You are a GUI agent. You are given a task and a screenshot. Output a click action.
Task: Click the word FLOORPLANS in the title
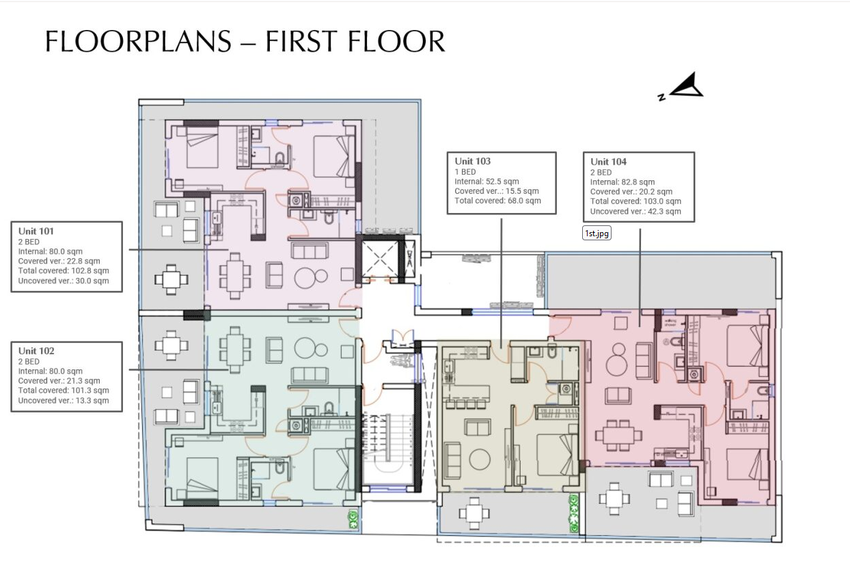[x=139, y=42]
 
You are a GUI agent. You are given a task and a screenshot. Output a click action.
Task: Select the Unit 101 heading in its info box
[x=36, y=231]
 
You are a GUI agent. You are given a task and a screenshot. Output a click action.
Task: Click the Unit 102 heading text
[x=36, y=351]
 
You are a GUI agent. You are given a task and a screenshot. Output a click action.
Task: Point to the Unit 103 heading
[x=473, y=161]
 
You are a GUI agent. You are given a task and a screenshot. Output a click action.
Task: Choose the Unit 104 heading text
[x=608, y=162]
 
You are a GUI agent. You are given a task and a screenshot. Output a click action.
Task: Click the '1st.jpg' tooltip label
[x=597, y=233]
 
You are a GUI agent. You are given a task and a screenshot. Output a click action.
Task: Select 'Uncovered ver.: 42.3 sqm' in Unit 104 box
[x=635, y=212]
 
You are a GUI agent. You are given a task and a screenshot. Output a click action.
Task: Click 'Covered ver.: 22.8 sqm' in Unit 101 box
[x=59, y=261]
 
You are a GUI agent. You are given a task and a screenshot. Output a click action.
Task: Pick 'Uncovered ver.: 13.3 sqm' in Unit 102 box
[x=63, y=401]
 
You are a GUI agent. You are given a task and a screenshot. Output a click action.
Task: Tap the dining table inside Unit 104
[x=618, y=436]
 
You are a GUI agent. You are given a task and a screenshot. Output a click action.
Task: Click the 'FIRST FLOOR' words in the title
[x=355, y=42]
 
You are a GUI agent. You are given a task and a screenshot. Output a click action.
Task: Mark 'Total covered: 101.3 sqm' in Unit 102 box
[x=63, y=391]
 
